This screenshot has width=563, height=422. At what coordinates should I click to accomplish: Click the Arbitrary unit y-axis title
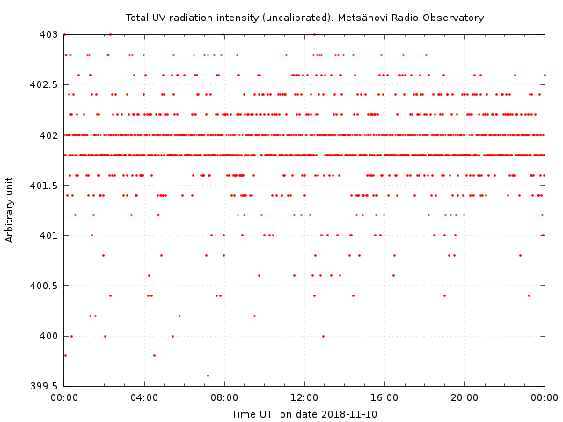pyautogui.click(x=10, y=210)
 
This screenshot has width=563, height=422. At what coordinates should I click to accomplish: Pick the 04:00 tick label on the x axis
pyautogui.click(x=144, y=398)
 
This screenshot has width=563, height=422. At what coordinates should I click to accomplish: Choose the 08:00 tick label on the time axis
pyautogui.click(x=224, y=398)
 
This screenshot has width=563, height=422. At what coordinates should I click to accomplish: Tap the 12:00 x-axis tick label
pyautogui.click(x=304, y=398)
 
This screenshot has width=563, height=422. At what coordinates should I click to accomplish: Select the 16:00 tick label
pyautogui.click(x=384, y=398)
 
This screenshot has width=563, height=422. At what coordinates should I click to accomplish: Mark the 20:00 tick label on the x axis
pyautogui.click(x=464, y=398)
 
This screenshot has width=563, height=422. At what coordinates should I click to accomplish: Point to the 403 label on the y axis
pyautogui.click(x=48, y=34)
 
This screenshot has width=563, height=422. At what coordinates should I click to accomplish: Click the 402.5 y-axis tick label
pyautogui.click(x=43, y=84)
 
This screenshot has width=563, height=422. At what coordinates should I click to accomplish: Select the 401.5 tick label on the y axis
pyautogui.click(x=43, y=186)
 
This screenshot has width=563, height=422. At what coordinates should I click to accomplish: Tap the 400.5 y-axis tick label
pyautogui.click(x=43, y=286)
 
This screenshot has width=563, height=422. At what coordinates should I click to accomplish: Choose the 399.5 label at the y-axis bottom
pyautogui.click(x=43, y=386)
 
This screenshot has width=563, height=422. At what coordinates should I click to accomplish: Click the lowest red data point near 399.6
pyautogui.click(x=208, y=375)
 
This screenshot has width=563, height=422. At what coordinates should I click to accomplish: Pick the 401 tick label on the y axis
pyautogui.click(x=48, y=236)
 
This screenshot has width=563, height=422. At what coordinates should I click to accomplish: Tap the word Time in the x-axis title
pyautogui.click(x=243, y=414)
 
